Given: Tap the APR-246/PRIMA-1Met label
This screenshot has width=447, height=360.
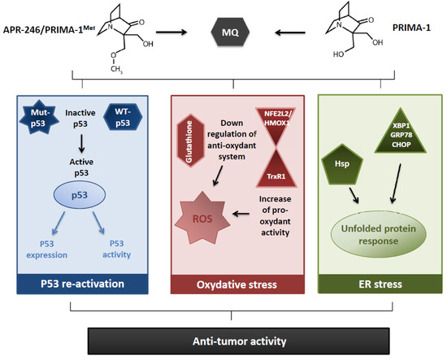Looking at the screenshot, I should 50,35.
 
